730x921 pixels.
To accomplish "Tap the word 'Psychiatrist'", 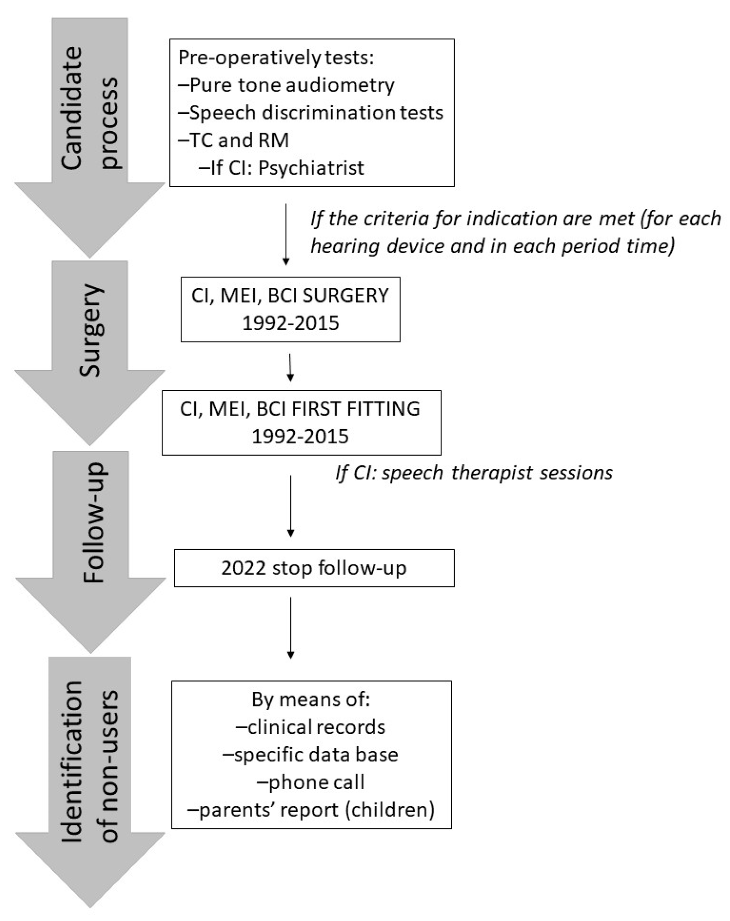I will (311, 168).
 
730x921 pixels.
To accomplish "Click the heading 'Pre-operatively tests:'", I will (275, 57).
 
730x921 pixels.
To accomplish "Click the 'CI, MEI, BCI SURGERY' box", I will (290, 309).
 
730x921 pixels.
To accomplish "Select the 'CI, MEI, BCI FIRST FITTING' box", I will (301, 422).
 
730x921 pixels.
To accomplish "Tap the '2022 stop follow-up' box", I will (314, 568).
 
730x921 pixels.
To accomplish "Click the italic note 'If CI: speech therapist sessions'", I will (474, 473).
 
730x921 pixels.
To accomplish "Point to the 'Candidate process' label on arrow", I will (89, 109).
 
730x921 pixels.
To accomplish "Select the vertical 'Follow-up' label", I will (94, 522).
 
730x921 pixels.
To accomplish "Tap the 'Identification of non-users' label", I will (89, 761).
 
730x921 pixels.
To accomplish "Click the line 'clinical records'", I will (310, 727).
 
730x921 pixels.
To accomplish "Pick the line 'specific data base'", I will (310, 754).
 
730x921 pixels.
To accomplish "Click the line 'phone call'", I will (310, 782).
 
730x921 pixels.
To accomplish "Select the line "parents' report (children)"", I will (310, 809).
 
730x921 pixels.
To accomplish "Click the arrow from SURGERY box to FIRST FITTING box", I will (290, 367).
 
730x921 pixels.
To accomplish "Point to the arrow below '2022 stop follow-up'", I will (290, 628).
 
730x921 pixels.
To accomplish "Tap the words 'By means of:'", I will (310, 700).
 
